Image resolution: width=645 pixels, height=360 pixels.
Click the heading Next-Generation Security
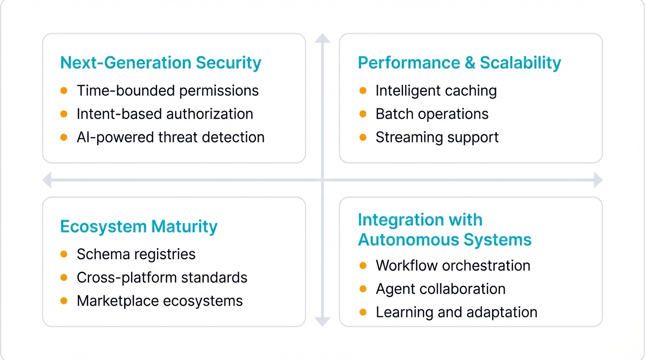click(160, 63)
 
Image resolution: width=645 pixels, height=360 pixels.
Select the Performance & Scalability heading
click(459, 63)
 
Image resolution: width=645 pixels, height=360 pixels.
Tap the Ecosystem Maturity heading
click(139, 226)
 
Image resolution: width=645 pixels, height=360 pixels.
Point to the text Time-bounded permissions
click(167, 90)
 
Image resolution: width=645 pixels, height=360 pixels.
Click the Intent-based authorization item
click(165, 114)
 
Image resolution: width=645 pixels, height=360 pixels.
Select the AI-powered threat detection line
click(170, 137)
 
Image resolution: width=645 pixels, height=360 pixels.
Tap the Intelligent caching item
click(436, 90)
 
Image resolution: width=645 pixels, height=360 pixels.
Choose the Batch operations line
click(432, 114)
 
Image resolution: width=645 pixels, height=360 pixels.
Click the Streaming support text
click(437, 137)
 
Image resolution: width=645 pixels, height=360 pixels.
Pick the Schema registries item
click(136, 254)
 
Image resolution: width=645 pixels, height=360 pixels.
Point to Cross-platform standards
click(162, 277)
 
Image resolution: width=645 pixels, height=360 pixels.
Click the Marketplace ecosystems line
click(159, 301)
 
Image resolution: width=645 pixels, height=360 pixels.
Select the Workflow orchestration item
click(453, 266)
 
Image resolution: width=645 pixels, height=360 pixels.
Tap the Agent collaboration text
click(440, 289)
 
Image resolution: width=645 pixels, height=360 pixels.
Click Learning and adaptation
click(456, 313)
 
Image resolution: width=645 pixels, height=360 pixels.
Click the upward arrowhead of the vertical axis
click(322, 38)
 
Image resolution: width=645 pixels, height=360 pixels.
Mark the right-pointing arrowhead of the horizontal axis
click(598, 180)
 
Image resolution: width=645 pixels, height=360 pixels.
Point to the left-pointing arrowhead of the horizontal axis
click(47, 180)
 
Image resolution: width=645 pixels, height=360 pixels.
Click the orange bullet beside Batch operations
click(363, 114)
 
